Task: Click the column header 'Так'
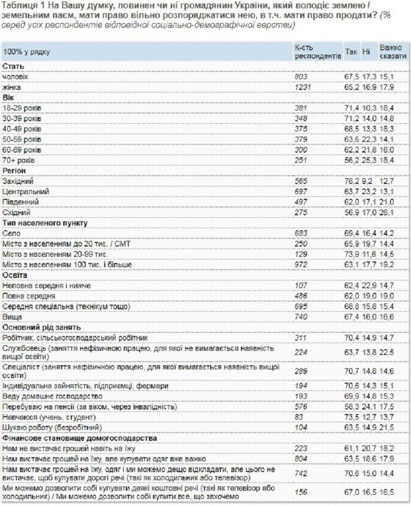tap(351, 52)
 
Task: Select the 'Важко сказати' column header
tap(390, 52)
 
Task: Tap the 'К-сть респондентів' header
tap(317, 52)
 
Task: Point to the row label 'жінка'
tap(12, 87)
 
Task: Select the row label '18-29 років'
tap(22, 108)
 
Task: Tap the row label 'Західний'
tap(18, 181)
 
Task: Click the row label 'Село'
tap(11, 233)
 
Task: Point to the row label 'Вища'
tap(11, 317)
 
